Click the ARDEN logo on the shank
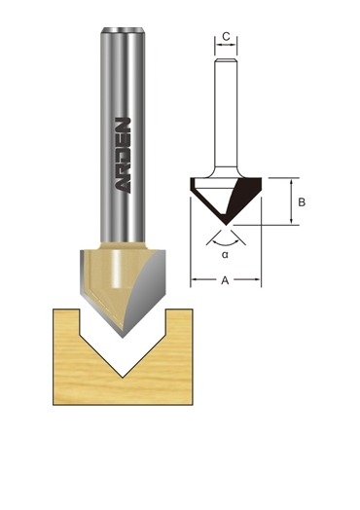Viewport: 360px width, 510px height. pyautogui.click(x=124, y=155)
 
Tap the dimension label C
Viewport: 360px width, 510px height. pyautogui.click(x=226, y=36)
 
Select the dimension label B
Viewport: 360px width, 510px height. pyautogui.click(x=302, y=202)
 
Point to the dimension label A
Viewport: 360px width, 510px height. pyautogui.click(x=225, y=280)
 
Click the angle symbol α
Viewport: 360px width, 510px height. pyautogui.click(x=225, y=254)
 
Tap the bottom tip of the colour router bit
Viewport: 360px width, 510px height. pyautogui.click(x=123, y=338)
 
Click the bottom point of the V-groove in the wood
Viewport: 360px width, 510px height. pyautogui.click(x=123, y=378)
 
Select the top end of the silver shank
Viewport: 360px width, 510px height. pyautogui.click(x=123, y=29)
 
